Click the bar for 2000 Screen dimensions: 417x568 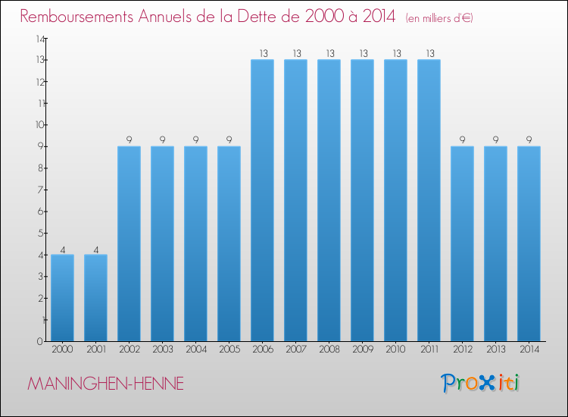tap(62, 297)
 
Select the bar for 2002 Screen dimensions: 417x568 tap(129, 243)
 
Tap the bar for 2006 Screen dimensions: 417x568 tap(262, 200)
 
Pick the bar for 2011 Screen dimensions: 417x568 tap(429, 200)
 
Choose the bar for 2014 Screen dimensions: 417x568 tap(529, 243)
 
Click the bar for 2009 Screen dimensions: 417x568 tap(362, 200)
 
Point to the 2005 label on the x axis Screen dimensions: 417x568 tap(229, 350)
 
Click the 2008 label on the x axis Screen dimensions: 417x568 tap(329, 350)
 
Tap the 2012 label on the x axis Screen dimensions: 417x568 tap(462, 350)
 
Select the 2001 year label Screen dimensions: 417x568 tap(95, 350)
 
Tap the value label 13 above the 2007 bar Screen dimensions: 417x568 tap(295, 53)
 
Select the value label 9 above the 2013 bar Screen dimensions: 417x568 tap(495, 140)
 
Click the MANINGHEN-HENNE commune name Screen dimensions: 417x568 tap(105, 384)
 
